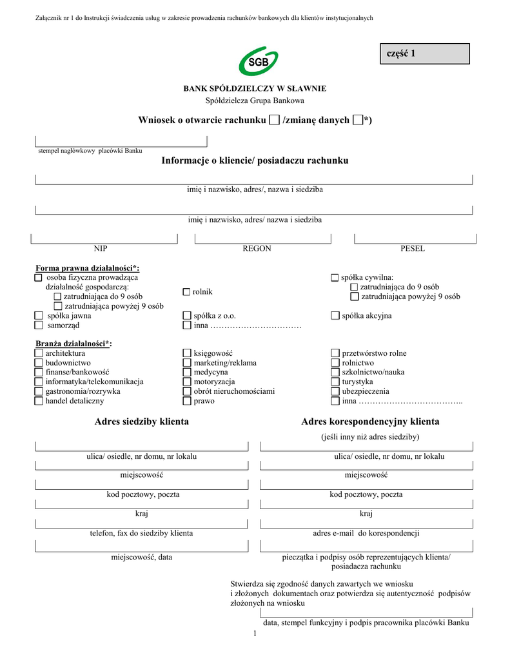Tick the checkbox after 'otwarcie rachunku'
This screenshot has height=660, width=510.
274,120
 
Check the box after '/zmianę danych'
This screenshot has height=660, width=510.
358,120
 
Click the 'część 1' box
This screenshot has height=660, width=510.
424,53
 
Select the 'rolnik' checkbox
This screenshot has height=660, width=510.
187,292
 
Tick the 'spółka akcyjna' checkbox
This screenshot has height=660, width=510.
335,316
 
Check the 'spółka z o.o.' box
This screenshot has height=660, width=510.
187,316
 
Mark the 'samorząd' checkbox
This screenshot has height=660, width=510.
39,325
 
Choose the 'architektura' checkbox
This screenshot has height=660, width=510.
39,353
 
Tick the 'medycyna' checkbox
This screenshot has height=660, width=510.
187,373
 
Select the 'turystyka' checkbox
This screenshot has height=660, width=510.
335,382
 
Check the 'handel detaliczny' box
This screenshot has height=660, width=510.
39,401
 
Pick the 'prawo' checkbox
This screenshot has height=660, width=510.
187,401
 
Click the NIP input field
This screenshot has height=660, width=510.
104,238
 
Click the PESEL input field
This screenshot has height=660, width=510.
413,238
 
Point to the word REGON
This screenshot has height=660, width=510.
257,249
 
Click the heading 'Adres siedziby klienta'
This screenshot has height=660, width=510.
141,422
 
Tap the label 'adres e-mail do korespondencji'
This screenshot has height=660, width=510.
366,533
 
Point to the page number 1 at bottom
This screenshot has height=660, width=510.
255,635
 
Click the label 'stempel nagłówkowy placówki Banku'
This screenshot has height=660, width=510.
90,150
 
